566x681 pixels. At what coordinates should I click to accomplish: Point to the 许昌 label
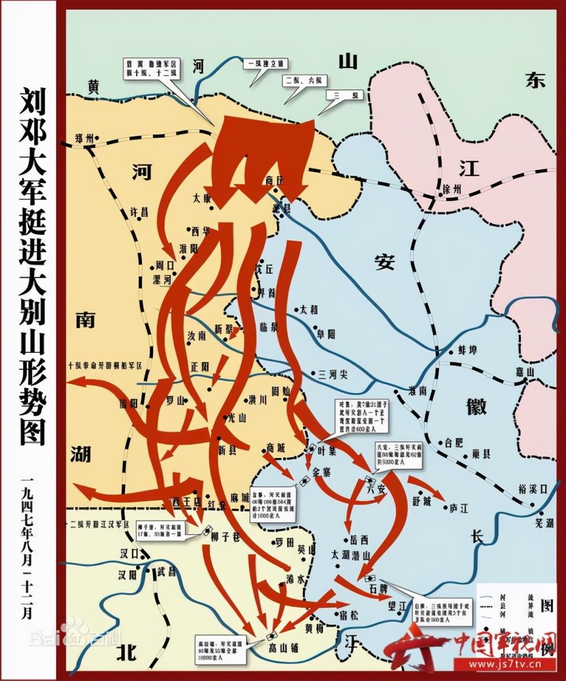click(139, 212)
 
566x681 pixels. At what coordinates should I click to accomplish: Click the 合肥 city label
click(454, 441)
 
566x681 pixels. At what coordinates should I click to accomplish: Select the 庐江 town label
click(457, 508)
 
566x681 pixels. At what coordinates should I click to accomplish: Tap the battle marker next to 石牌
click(371, 578)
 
